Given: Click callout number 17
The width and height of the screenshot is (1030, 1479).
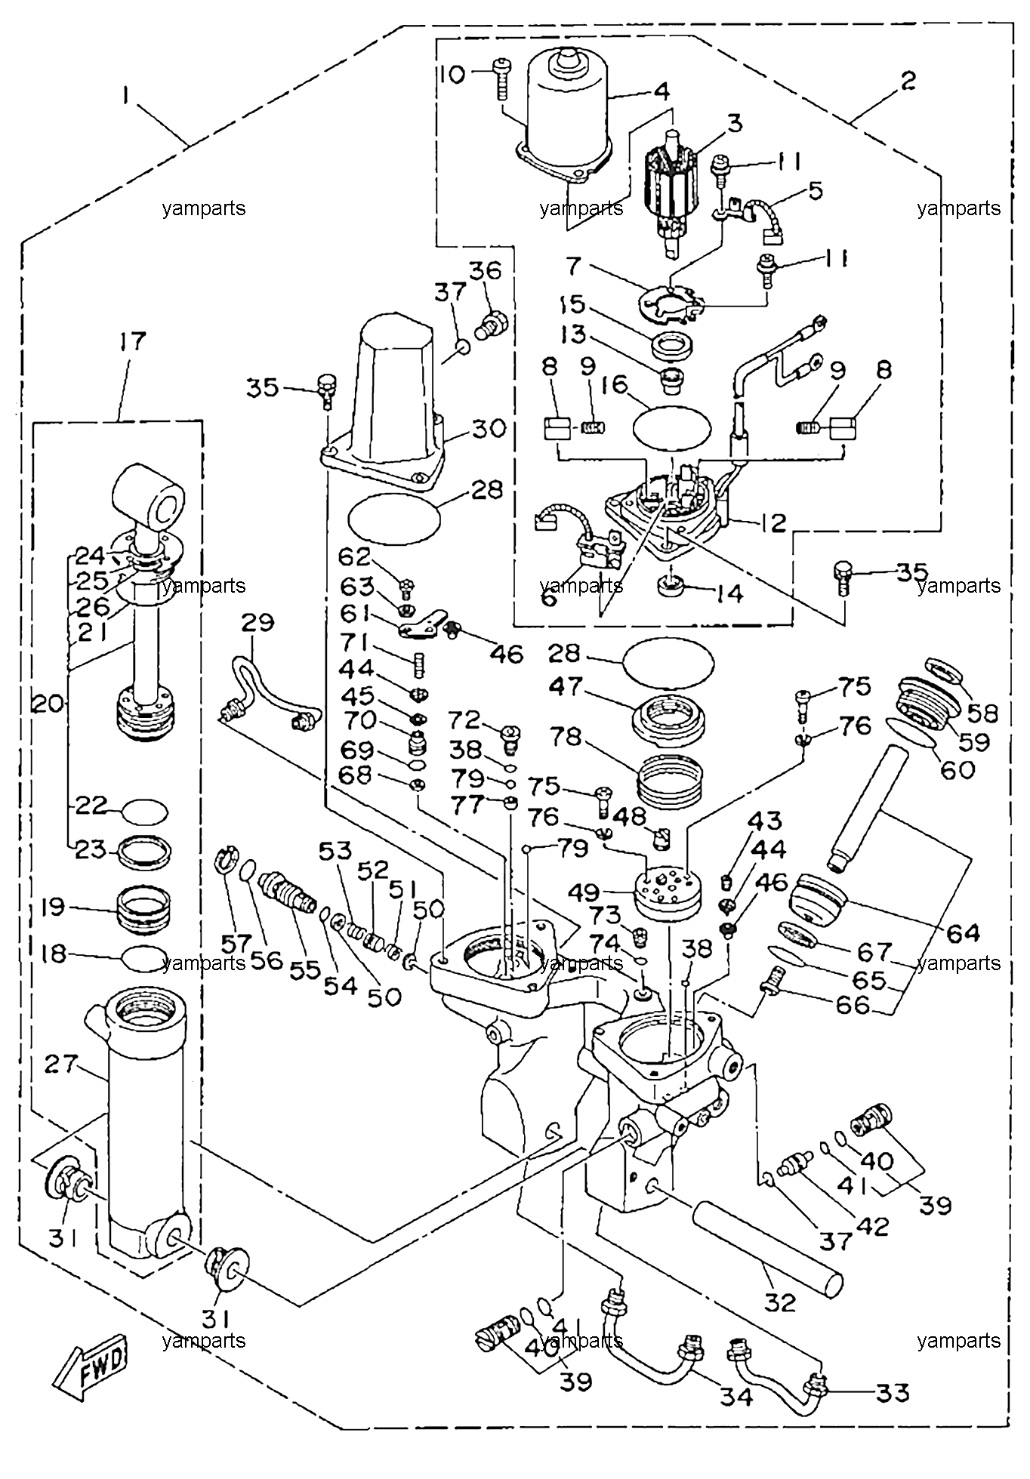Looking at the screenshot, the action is point(131,341).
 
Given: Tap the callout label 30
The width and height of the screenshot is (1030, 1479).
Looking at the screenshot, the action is point(488,428).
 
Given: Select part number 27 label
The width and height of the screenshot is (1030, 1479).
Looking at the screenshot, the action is point(61,1065).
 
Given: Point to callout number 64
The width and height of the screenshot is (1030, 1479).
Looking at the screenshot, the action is point(964,933).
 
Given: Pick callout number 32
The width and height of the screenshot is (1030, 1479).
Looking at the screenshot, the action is point(780,1302).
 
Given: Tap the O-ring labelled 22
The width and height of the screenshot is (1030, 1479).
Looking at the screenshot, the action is point(144,812).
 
